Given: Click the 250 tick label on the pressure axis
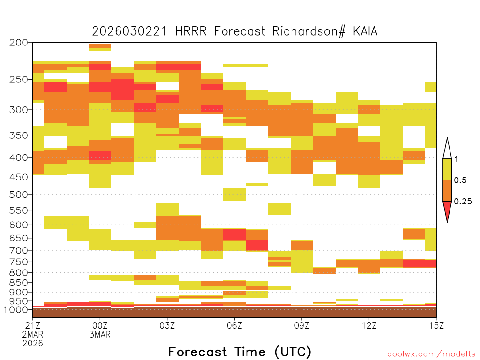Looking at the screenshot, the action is click(18, 80).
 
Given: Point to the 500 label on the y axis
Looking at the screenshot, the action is click(18, 195).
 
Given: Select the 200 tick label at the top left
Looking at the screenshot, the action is click(18, 43).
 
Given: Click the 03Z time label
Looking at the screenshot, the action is click(167, 325).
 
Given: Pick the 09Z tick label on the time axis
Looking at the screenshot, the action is click(302, 325).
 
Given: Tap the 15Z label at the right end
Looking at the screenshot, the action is click(436, 325).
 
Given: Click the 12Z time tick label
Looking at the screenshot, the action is click(369, 325).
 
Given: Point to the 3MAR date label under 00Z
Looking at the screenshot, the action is click(100, 334).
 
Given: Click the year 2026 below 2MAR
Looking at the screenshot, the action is click(33, 344).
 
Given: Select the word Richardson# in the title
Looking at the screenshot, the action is click(309, 31).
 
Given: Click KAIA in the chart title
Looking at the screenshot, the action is click(365, 31).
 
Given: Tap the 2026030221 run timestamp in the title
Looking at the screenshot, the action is click(130, 31).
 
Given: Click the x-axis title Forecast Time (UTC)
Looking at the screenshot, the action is click(240, 352).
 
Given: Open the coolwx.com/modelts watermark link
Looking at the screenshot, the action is click(432, 354).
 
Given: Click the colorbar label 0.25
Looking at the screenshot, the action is click(463, 202).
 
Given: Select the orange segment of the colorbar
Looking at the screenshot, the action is click(447, 191).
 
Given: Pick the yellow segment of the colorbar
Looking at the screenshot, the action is click(447, 169).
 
